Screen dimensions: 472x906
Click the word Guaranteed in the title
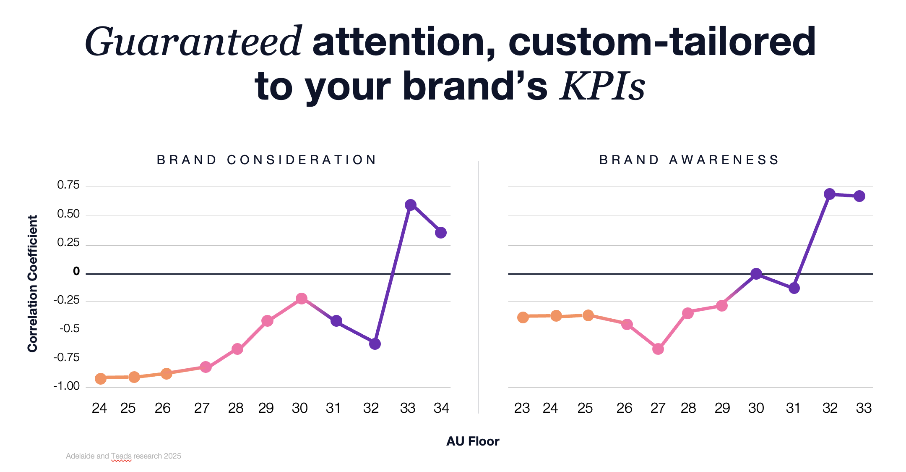tap(193, 42)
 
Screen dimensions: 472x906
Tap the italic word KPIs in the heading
tap(602, 87)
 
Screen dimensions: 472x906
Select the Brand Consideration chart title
tap(267, 160)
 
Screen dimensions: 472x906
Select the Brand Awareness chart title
tap(689, 160)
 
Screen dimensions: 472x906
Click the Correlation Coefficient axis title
tap(33, 283)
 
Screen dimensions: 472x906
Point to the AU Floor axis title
tap(473, 441)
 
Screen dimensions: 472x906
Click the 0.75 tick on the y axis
tap(68, 185)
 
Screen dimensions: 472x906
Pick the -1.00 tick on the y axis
tap(67, 386)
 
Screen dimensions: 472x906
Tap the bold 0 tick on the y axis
tap(76, 272)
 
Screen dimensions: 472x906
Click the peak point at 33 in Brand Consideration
tap(411, 205)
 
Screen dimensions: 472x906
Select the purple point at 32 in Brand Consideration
tap(375, 344)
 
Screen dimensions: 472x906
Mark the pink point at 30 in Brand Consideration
tap(301, 299)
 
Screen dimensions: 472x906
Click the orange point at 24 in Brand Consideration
tap(101, 379)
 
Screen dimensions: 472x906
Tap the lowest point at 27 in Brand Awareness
tap(658, 349)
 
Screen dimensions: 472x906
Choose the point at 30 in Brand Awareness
tap(756, 274)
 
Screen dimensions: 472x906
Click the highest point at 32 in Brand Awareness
tap(829, 194)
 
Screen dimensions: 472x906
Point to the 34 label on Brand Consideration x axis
tap(441, 408)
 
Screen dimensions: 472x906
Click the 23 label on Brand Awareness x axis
tap(522, 408)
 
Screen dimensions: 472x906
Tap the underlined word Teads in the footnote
tap(121, 456)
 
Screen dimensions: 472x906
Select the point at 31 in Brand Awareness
tap(794, 288)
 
